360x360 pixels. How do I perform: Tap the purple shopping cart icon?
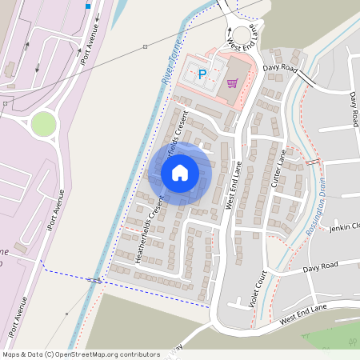[x=232, y=82]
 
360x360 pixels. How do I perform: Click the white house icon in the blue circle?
[x=180, y=172]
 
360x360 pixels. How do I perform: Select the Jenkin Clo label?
[x=345, y=227]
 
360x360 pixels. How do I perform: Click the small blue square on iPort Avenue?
[x=88, y=6]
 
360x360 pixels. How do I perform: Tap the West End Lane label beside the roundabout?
[x=244, y=38]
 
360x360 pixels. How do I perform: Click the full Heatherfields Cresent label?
[x=150, y=230]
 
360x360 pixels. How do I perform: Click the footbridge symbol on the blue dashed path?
[x=94, y=280]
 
